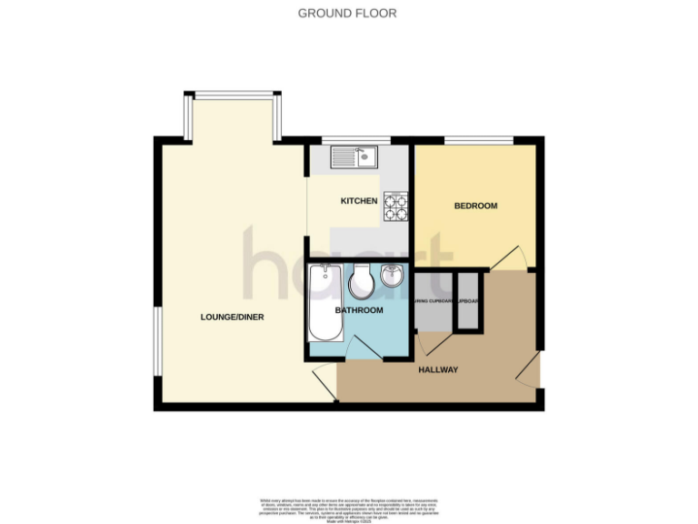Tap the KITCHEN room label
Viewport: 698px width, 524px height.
pyautogui.click(x=358, y=200)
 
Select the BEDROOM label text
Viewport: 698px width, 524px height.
pyautogui.click(x=475, y=207)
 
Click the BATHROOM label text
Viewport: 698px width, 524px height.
pyautogui.click(x=359, y=310)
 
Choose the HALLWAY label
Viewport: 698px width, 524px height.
pyautogui.click(x=437, y=369)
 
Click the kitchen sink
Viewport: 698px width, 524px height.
pyautogui.click(x=354, y=158)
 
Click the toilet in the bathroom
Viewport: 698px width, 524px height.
pyautogui.click(x=361, y=282)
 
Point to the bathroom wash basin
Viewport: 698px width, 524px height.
pyautogui.click(x=393, y=276)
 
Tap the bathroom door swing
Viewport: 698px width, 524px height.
pyautogui.click(x=357, y=348)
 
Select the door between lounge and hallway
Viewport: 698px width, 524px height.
pyautogui.click(x=324, y=378)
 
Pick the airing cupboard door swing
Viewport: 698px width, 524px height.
pyautogui.click(x=432, y=340)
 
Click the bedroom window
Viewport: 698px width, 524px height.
pyautogui.click(x=478, y=140)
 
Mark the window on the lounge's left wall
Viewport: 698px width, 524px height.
pyautogui.click(x=157, y=340)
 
